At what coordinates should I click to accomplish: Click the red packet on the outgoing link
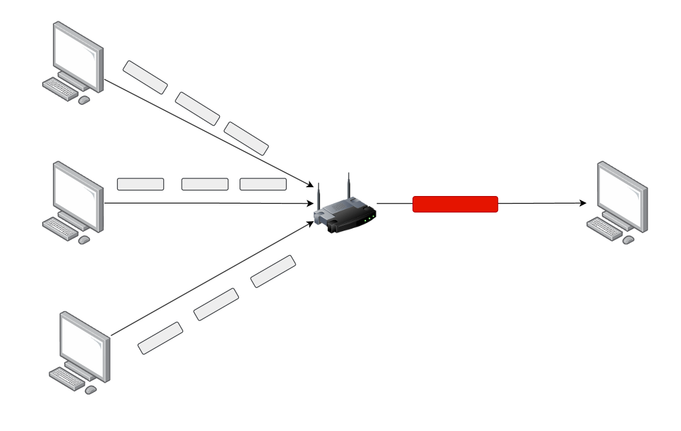455,204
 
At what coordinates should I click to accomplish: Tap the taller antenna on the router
347,185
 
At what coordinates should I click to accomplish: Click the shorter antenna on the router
319,196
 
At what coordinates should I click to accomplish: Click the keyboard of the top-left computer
60,89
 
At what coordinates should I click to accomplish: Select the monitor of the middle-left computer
77,195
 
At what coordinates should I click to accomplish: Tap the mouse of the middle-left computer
84,240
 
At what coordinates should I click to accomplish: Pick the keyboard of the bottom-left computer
67,377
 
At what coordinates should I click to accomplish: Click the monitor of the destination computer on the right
621,195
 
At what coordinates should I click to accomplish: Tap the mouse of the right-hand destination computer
628,240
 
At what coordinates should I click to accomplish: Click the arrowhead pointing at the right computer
582,204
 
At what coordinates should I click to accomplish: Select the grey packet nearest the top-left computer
145,77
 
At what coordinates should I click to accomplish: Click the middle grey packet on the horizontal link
205,184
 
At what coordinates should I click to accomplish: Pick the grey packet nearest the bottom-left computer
160,338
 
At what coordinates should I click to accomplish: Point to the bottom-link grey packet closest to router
273,271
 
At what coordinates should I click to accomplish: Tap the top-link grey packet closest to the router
246,138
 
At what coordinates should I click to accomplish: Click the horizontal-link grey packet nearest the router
263,184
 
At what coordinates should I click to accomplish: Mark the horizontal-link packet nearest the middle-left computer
140,184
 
